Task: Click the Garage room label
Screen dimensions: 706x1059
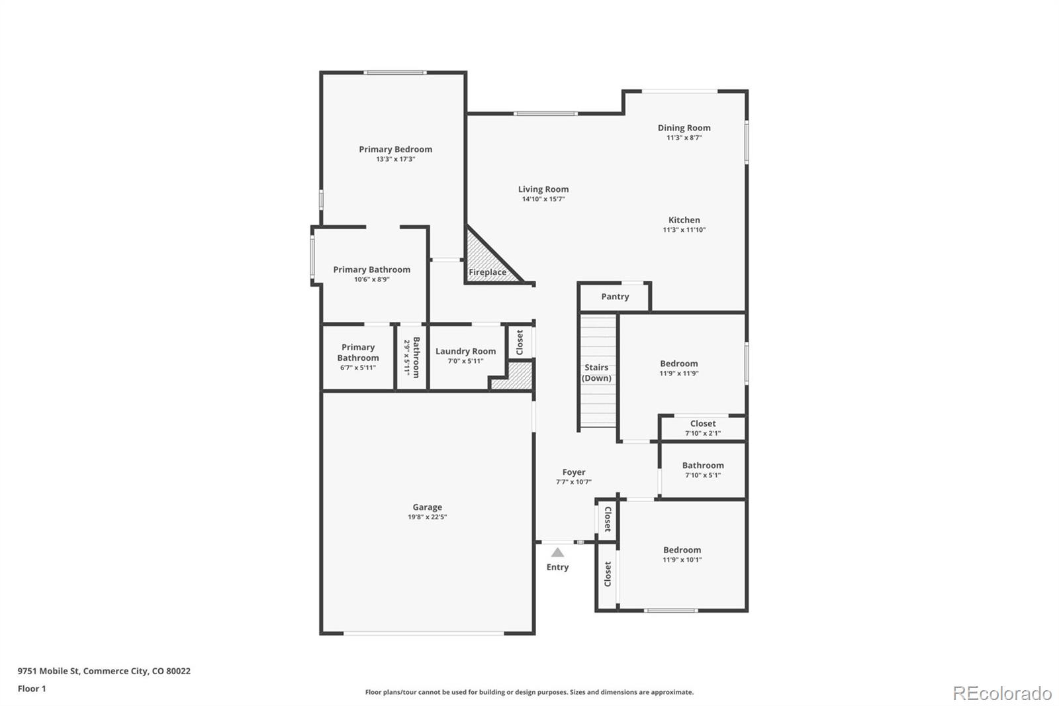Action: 427,507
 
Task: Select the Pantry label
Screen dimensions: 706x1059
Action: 615,297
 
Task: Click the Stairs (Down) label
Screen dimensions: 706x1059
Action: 596,373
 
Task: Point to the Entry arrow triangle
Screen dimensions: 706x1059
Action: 558,552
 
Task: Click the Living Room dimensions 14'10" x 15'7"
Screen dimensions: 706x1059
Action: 543,199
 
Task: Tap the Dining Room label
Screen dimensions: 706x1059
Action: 684,128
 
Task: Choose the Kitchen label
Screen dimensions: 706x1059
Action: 684,220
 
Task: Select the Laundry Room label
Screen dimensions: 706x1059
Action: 465,351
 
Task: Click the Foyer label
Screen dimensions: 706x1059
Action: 573,472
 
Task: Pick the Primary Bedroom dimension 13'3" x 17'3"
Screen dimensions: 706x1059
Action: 395,160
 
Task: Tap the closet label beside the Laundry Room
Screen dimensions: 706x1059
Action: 520,342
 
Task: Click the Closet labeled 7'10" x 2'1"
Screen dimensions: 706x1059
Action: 702,424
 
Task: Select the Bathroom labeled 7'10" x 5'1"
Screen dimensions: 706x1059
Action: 702,466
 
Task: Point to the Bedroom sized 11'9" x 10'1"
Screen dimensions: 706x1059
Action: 682,550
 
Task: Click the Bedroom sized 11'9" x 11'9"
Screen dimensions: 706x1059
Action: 678,364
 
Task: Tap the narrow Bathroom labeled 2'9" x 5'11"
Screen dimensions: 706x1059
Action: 412,358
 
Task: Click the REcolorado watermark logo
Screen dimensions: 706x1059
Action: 1002,693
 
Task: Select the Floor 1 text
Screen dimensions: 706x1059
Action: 32,689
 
